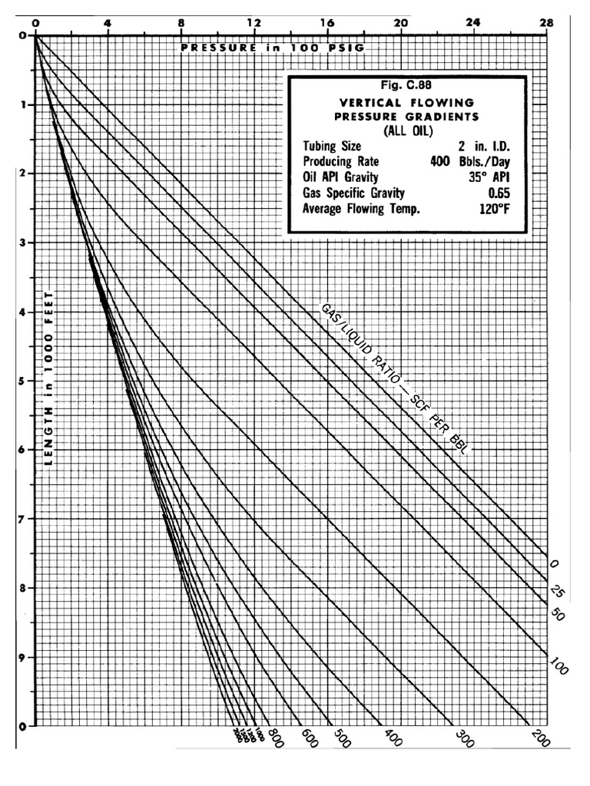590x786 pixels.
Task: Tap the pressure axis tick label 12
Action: coord(254,23)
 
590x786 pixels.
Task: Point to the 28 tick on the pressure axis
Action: coord(546,23)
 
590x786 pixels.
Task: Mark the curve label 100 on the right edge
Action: coord(559,665)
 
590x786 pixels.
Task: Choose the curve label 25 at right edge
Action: coord(558,592)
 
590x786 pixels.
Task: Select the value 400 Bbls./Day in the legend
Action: coord(470,161)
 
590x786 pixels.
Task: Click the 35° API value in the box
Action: coord(489,177)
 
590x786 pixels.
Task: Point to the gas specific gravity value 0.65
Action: coord(499,192)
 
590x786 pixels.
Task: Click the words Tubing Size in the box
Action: coord(332,146)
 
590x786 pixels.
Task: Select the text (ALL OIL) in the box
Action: coord(406,130)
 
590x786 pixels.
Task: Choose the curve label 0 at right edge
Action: coord(555,564)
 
